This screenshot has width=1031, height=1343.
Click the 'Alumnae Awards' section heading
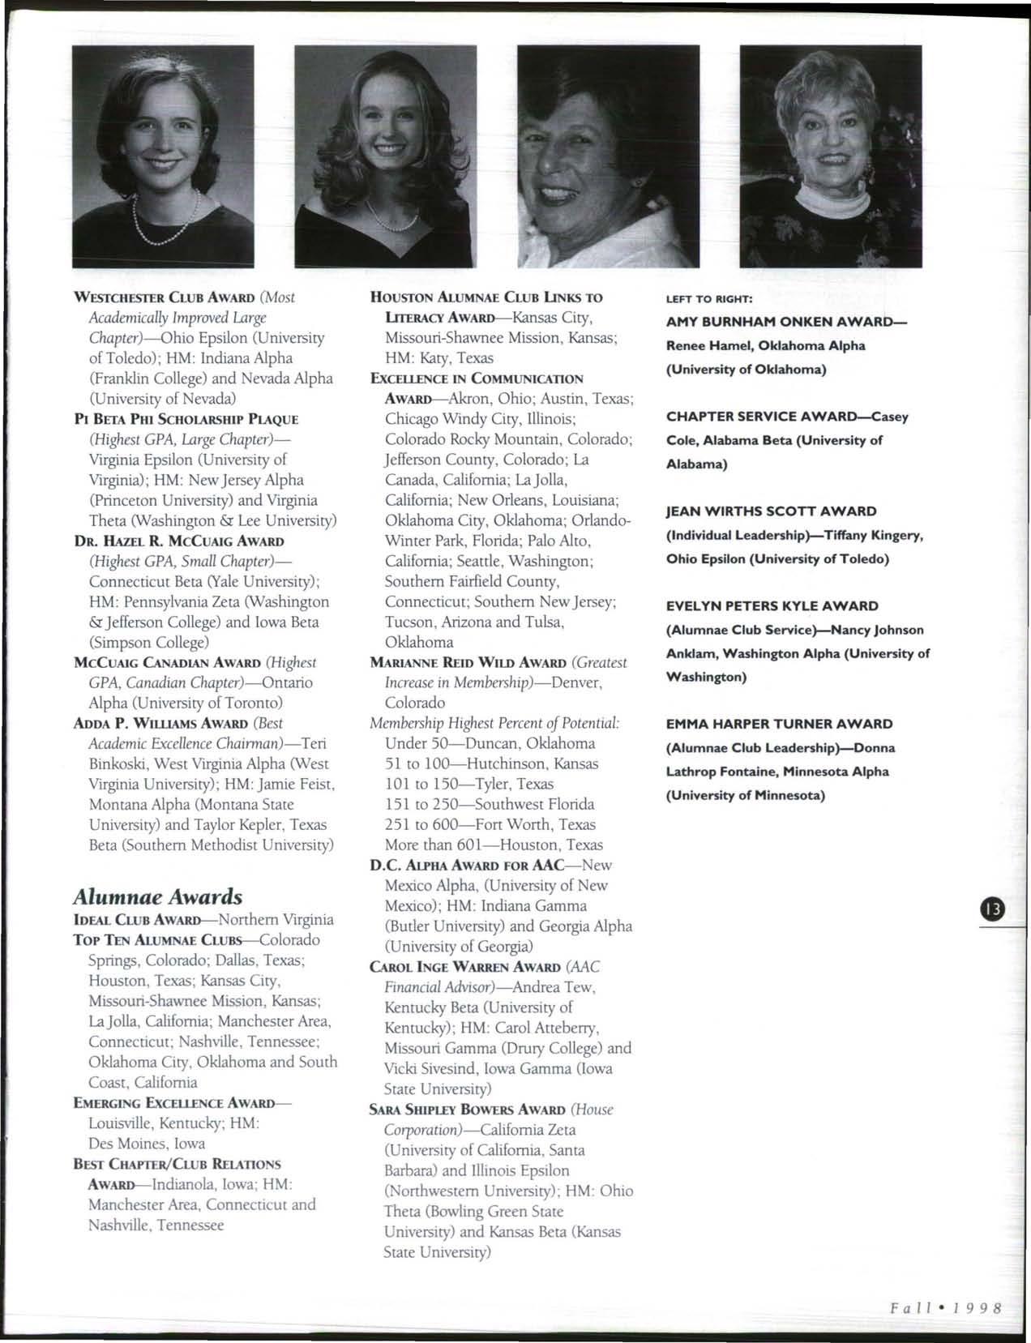pos(157,896)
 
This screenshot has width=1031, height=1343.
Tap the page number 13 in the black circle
pos(990,909)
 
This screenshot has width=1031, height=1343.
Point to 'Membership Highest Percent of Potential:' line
pos(494,723)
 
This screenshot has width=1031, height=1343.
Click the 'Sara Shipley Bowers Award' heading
pos(467,1110)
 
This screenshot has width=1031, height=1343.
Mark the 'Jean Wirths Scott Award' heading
pos(771,511)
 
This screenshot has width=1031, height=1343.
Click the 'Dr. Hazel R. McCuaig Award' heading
pos(178,541)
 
